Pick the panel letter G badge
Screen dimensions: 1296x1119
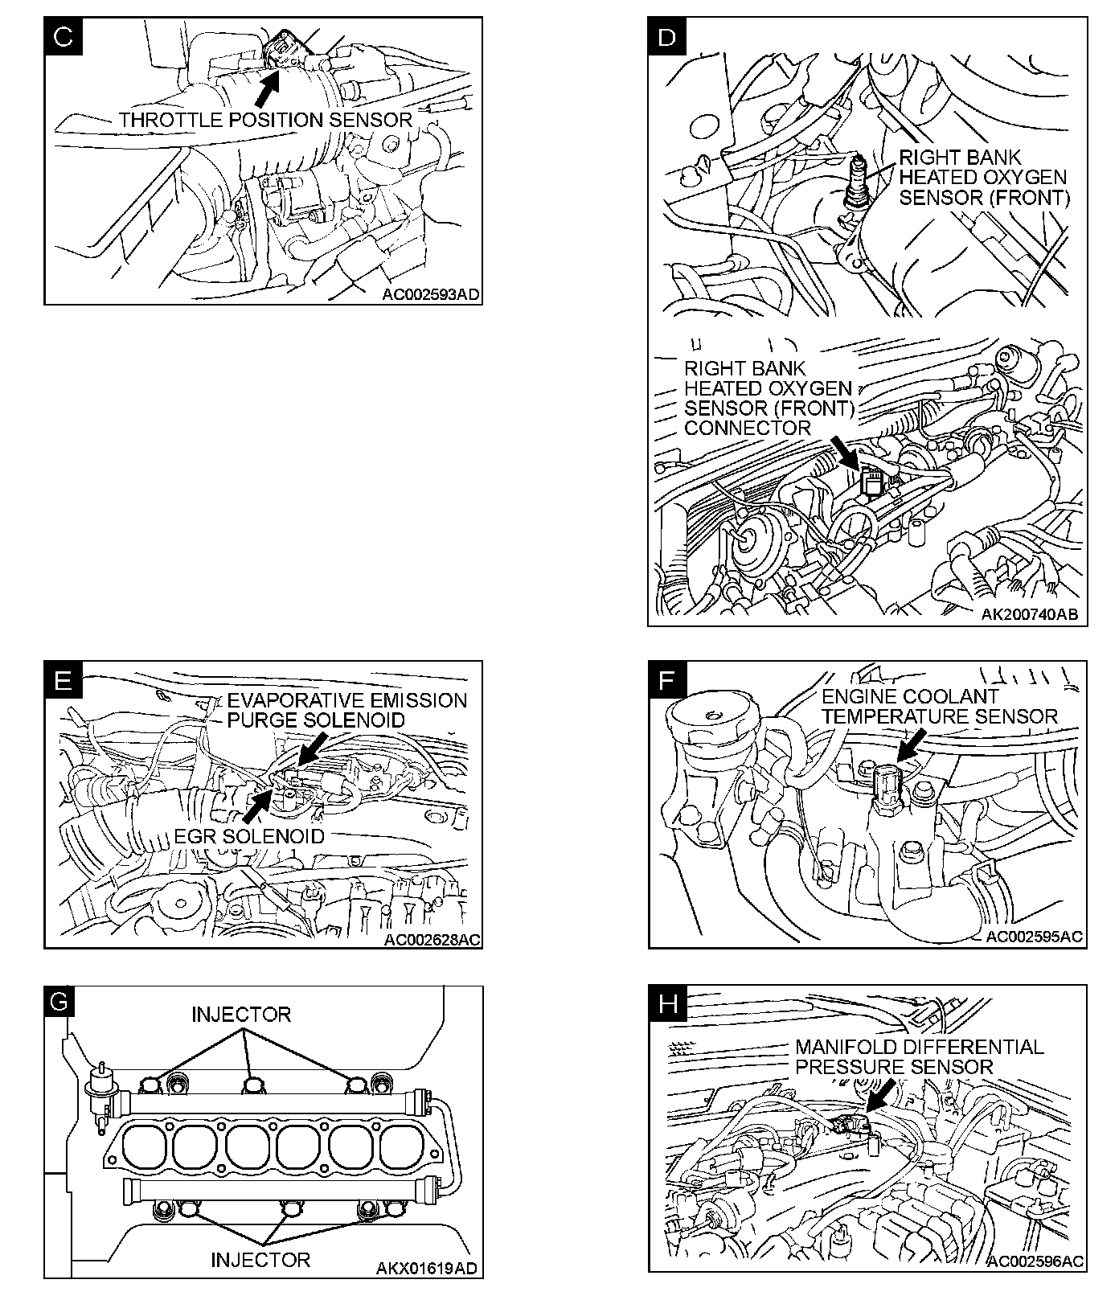(61, 1004)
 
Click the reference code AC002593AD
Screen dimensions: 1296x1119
(431, 295)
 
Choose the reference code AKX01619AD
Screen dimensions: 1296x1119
(427, 1269)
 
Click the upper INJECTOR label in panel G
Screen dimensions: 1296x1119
(241, 1015)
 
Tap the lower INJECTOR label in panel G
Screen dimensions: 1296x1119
(260, 1259)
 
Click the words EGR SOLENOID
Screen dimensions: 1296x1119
(250, 836)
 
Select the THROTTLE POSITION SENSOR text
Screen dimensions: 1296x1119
(265, 121)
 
